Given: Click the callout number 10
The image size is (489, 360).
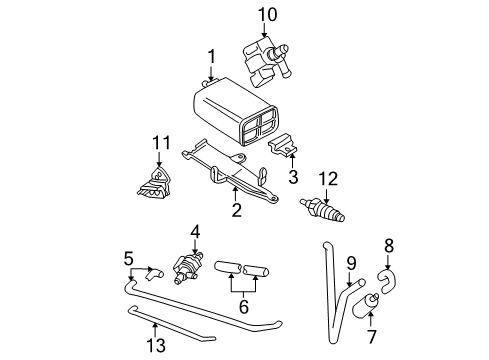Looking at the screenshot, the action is point(267,15).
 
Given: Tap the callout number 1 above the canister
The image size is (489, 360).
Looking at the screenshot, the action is point(212,57).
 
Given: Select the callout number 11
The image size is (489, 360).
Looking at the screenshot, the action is point(161,143).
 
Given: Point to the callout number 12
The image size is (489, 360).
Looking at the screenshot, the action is point(328,179).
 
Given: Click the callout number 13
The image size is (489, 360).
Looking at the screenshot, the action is point(156,345).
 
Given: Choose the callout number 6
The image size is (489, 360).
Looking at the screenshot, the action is point(244,307).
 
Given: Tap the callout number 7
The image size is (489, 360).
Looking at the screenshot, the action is point(372,337).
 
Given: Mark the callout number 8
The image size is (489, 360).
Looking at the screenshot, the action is point(389,246).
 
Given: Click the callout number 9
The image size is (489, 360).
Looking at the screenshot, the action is point(351,263).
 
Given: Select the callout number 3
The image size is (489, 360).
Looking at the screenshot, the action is point(293,177).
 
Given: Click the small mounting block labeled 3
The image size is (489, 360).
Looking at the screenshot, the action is point(283,144).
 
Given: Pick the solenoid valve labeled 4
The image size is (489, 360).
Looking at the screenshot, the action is point(188,267).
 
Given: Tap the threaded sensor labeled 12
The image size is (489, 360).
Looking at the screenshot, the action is point(322,209).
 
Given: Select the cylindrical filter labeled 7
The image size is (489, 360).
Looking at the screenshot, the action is point(364,306).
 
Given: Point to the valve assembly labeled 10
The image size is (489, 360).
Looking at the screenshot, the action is point(265,62).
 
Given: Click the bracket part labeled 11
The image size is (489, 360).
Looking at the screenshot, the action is point(155,184).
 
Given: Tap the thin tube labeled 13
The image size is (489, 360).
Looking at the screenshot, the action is point(171,324).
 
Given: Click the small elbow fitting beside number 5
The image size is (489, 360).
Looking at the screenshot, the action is point(154,273).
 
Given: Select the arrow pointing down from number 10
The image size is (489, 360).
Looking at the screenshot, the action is point(264,30).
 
